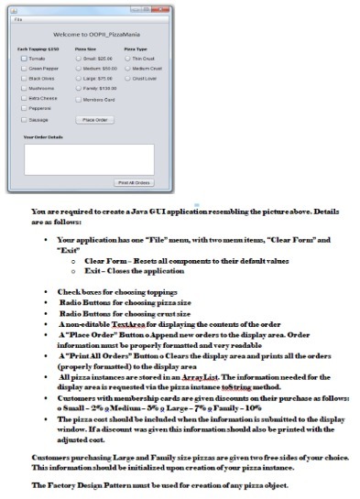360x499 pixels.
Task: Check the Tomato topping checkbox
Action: click(x=24, y=59)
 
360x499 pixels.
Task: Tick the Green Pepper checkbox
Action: click(x=24, y=69)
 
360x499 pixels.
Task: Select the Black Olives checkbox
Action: click(x=24, y=79)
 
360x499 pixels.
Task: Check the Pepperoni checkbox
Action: click(x=24, y=108)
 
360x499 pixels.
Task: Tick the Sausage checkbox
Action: click(x=24, y=119)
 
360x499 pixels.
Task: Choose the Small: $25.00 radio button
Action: click(x=78, y=59)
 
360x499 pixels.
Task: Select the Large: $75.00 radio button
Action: click(x=78, y=79)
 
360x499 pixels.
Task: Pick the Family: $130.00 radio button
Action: click(x=78, y=89)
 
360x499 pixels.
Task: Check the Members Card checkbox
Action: click(x=78, y=99)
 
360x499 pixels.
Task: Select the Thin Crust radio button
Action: click(x=127, y=59)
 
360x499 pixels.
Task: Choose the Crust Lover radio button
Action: click(x=127, y=79)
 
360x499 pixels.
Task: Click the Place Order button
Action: click(x=94, y=120)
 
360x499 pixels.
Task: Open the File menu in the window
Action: click(x=16, y=19)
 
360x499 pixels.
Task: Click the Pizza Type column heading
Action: click(x=136, y=49)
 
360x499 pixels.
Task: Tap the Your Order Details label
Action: click(x=42, y=137)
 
